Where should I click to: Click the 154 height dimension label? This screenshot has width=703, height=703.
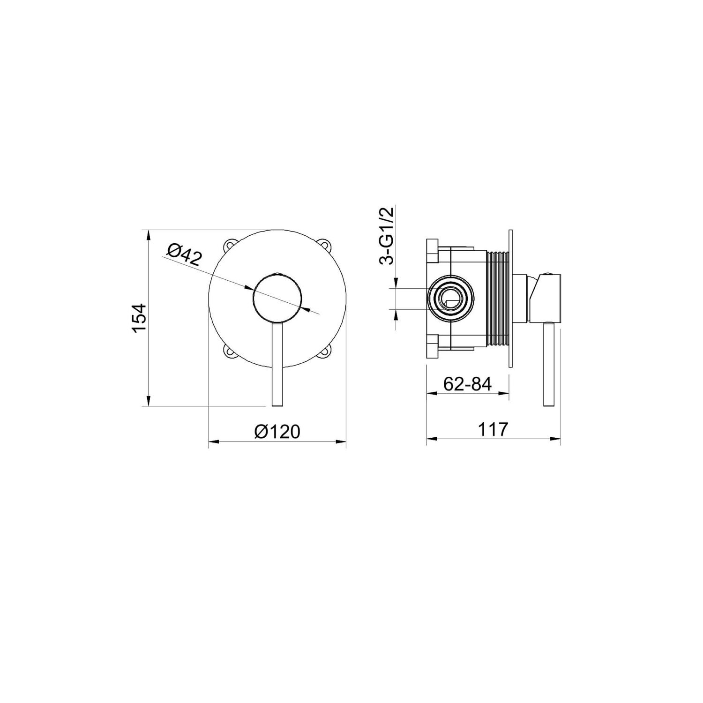pyautogui.click(x=140, y=318)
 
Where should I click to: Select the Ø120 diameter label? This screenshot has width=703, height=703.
pyautogui.click(x=277, y=431)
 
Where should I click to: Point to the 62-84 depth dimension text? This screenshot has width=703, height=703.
pyautogui.click(x=467, y=384)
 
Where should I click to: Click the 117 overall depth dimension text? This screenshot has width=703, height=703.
pyautogui.click(x=494, y=429)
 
